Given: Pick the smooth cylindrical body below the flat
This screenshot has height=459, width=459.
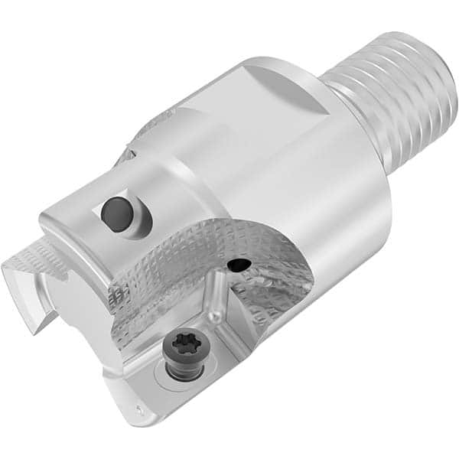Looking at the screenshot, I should (x=321, y=191).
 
